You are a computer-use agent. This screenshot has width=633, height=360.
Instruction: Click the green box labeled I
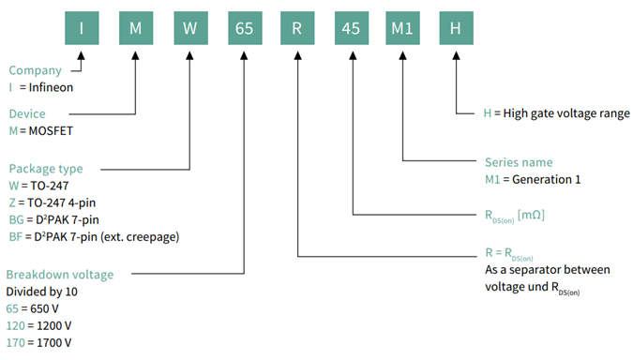pyautogui.click(x=82, y=27)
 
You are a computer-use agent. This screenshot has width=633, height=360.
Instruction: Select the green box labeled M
pyautogui.click(x=135, y=27)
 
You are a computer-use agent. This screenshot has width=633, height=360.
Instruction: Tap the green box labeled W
pyautogui.click(x=188, y=27)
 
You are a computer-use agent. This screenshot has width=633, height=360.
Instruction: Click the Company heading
pyautogui.click(x=35, y=70)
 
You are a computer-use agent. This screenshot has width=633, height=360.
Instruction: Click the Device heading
pyautogui.click(x=27, y=113)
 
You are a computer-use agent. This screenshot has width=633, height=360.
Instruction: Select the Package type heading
pyautogui.click(x=46, y=169)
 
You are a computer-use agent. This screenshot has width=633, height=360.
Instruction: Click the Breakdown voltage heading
pyautogui.click(x=60, y=275)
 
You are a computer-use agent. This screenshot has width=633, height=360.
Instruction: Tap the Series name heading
pyautogui.click(x=519, y=162)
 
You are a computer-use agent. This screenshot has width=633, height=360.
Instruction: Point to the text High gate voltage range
pyautogui.click(x=557, y=112)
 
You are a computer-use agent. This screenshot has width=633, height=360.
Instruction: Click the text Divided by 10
pyautogui.click(x=43, y=292)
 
